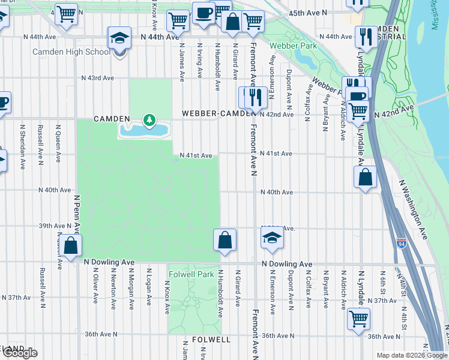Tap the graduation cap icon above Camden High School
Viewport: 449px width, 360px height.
tap(120, 39)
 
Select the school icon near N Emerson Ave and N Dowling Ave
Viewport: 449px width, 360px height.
tap(271, 238)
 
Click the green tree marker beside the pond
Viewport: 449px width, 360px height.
tap(147, 120)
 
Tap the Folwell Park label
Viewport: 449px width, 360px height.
tap(191, 274)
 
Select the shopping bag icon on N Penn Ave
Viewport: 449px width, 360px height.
tap(71, 245)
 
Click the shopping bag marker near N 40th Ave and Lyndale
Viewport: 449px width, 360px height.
tap(365, 177)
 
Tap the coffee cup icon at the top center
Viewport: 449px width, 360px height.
tap(203, 13)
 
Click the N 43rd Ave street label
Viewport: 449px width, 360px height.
tap(98, 78)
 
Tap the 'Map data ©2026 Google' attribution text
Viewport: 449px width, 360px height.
tap(411, 355)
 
